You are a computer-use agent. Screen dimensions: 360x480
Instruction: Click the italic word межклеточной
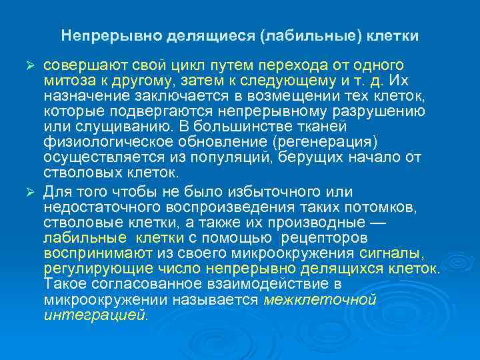[321, 299]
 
